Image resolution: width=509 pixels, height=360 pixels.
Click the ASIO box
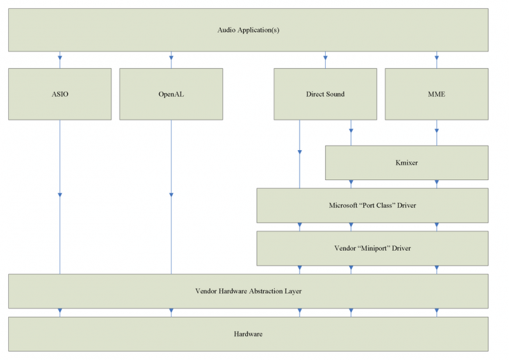click(60, 94)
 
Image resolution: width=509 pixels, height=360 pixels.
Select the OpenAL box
click(171, 94)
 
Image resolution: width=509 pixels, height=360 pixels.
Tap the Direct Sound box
click(325, 94)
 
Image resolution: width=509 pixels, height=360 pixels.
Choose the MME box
click(436, 94)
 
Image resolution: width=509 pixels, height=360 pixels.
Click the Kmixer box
click(407, 163)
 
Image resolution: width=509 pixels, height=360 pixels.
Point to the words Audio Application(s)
click(248, 30)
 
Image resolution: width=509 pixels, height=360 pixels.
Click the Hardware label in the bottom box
click(248, 334)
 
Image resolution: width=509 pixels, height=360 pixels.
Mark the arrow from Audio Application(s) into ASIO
click(60, 62)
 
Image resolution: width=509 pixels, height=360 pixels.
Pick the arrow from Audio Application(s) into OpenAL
click(171, 62)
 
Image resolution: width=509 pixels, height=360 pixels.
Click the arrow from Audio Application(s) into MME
click(436, 62)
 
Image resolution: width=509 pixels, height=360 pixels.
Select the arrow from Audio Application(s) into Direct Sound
click(325, 62)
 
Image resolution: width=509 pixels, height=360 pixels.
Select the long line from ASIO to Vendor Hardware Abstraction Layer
click(60, 229)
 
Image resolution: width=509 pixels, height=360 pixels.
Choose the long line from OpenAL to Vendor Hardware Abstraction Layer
click(171, 229)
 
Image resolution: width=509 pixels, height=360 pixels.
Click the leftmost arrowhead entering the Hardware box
click(60, 312)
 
